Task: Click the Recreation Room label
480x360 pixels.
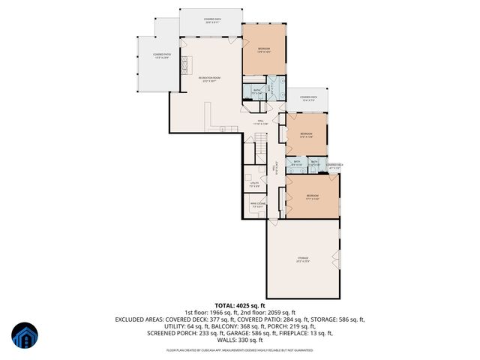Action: (x=209, y=79)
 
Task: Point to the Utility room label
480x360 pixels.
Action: (x=255, y=183)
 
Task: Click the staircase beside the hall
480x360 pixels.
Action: (x=257, y=142)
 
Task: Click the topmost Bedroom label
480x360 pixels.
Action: (x=264, y=50)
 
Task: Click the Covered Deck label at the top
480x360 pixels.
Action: (x=212, y=20)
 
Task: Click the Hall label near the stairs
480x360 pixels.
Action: (x=262, y=121)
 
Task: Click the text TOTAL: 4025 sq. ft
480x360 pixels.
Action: (x=240, y=305)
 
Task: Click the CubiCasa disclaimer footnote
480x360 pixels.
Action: (x=240, y=349)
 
